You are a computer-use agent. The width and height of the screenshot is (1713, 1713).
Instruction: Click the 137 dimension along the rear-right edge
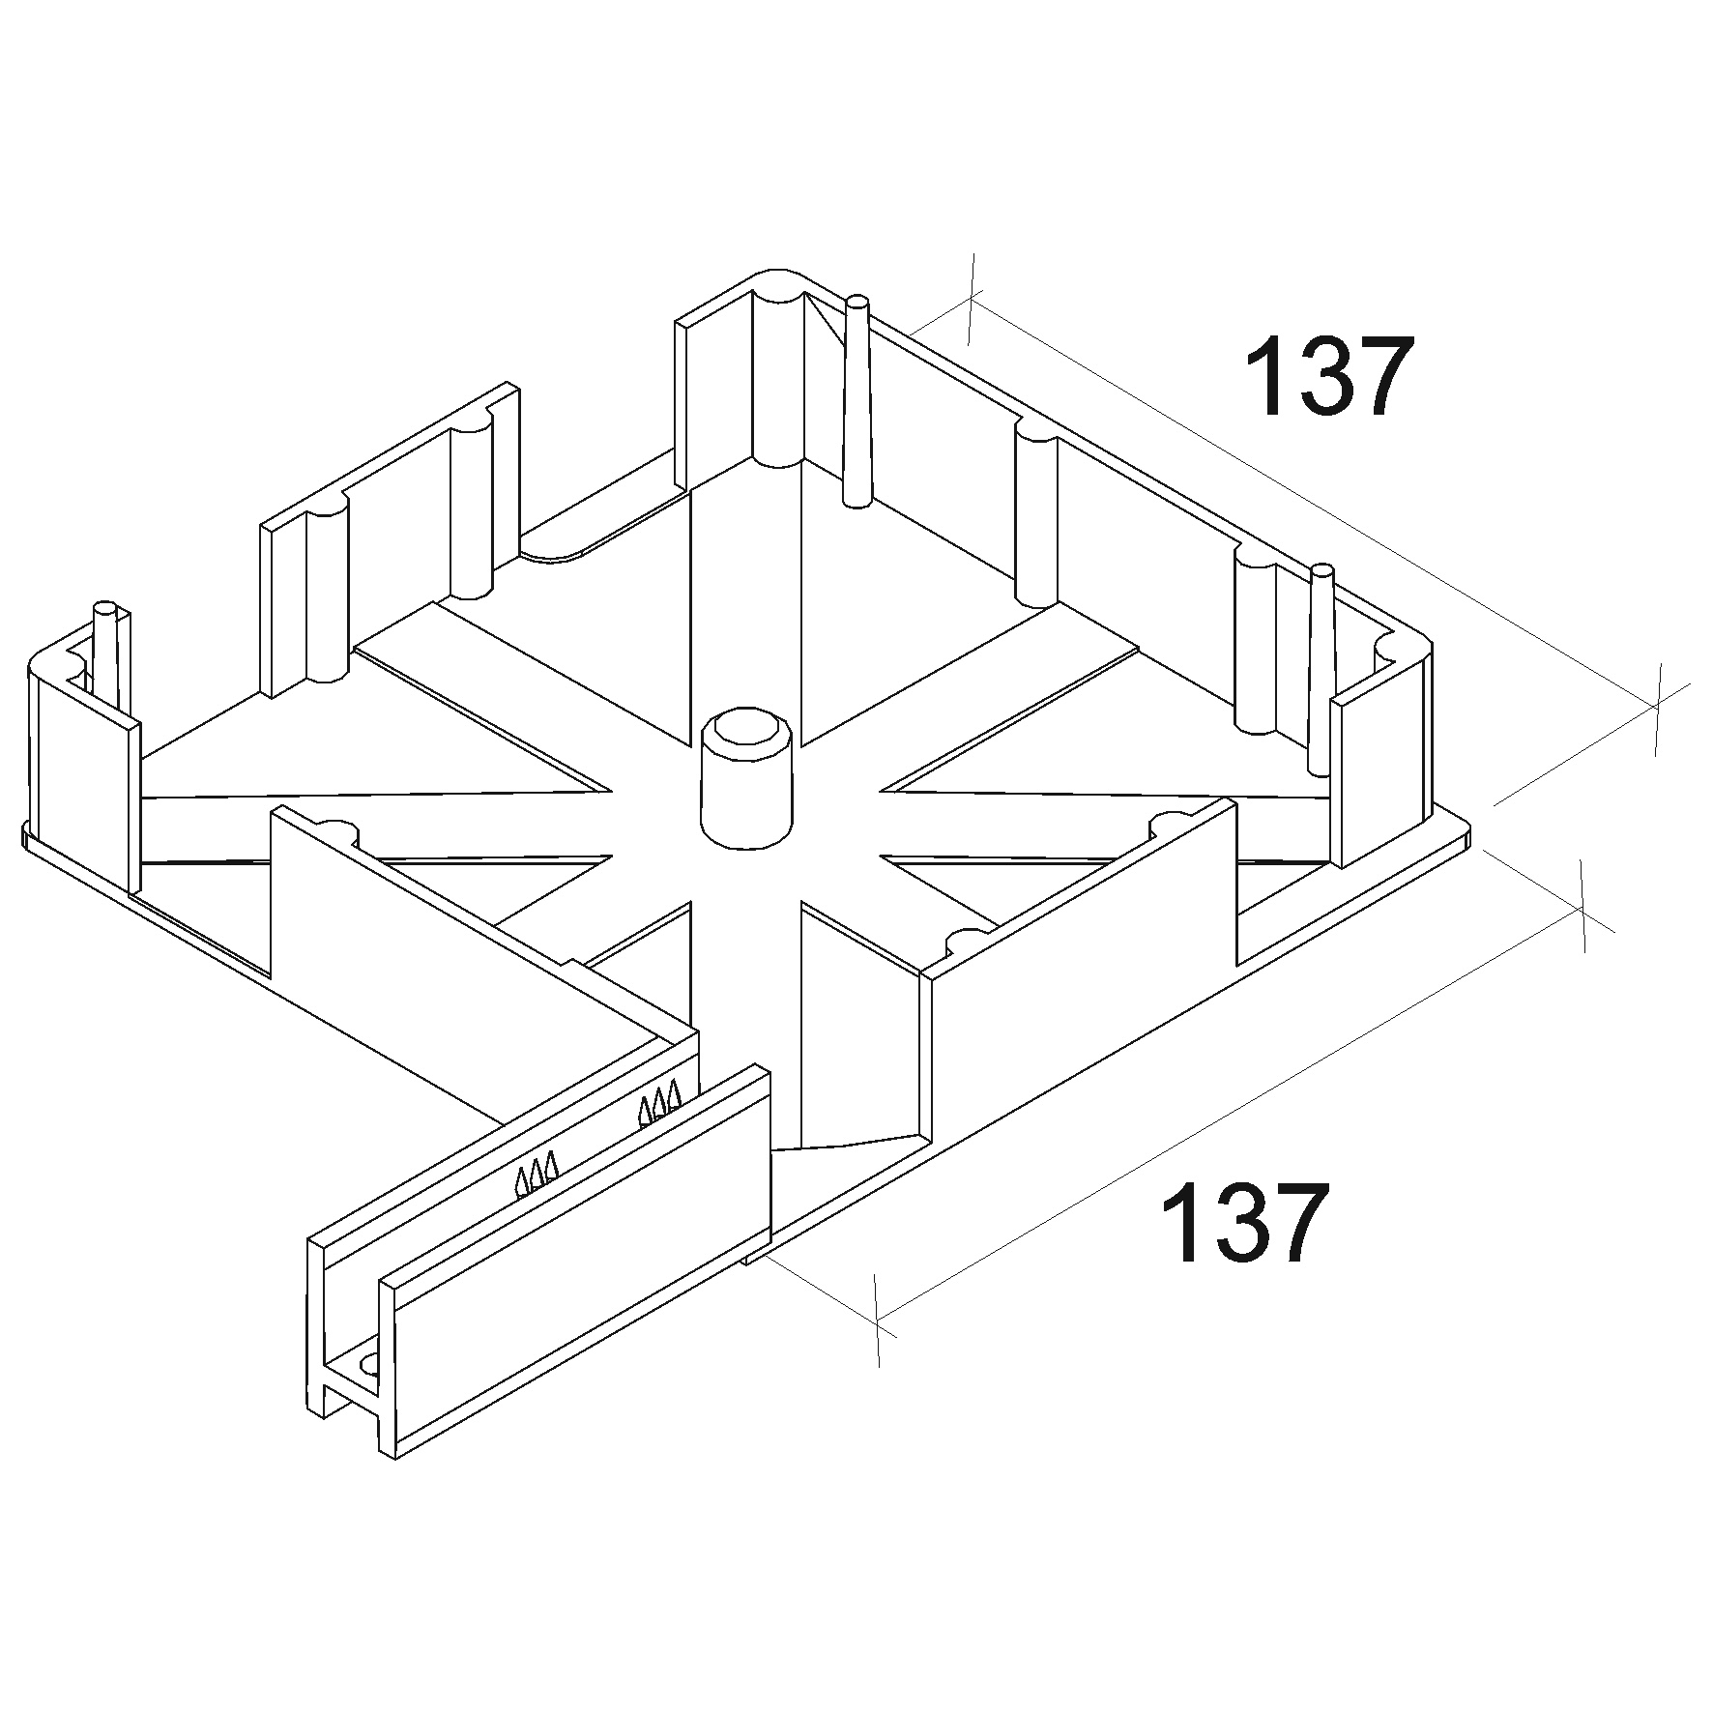click(x=1330, y=376)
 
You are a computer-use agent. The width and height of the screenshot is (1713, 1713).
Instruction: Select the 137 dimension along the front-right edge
click(x=1243, y=1222)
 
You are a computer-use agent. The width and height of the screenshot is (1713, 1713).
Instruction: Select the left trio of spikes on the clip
click(x=537, y=1173)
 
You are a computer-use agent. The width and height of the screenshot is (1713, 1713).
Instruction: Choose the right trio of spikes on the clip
click(x=659, y=1103)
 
